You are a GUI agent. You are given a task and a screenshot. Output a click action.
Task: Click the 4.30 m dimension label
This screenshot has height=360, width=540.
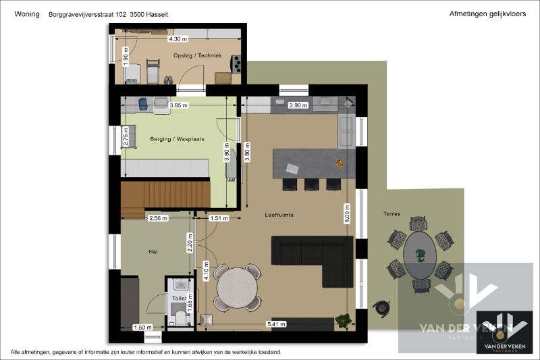tap(178, 39)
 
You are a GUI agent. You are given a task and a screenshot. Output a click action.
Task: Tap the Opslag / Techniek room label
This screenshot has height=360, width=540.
tap(197, 55)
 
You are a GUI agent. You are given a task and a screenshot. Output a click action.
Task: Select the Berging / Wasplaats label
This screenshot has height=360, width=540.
tap(177, 139)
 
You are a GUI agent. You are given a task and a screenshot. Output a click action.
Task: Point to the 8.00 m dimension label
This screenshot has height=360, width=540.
tap(347, 213)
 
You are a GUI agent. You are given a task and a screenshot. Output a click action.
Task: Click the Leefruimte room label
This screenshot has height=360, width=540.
tap(279, 215)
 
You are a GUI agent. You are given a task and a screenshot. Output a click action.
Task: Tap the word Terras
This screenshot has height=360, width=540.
tap(391, 214)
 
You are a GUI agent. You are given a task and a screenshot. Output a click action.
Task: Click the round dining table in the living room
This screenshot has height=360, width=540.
tap(237, 288)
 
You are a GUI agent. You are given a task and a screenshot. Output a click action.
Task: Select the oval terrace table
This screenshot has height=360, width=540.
tap(420, 255)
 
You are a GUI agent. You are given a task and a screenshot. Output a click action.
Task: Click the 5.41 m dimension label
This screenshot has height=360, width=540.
tap(276, 324)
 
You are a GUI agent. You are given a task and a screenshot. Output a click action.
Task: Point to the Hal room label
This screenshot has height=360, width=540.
tap(153, 252)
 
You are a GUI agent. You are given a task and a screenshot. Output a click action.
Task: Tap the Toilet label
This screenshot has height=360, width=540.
tap(179, 299)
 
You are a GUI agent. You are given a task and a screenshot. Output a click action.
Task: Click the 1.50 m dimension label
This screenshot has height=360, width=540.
tap(142, 328)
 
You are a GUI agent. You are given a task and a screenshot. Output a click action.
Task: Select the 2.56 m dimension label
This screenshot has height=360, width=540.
tap(158, 218)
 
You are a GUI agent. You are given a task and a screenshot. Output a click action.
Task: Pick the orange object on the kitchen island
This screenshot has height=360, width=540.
tap(340, 163)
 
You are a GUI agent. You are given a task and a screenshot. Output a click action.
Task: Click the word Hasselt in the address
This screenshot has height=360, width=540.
tap(157, 14)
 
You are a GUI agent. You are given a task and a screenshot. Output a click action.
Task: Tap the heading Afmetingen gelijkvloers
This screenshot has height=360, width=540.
tap(487, 14)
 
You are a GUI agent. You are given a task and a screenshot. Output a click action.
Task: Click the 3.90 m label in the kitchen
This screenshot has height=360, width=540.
tap(298, 105)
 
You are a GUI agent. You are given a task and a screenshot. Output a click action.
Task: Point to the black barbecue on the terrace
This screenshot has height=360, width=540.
tap(381, 307)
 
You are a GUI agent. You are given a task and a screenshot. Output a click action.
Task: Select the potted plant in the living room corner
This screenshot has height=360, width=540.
tap(344, 320)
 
